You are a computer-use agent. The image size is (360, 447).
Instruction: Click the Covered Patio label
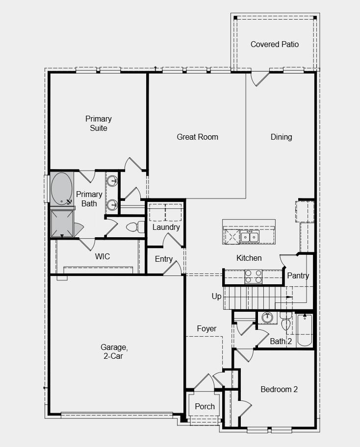[x=274, y=44]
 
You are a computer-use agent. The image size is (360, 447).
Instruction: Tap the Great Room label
[x=197, y=137]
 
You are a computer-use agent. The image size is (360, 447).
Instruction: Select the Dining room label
[x=281, y=137]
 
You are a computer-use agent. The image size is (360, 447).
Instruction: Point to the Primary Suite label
[x=98, y=124]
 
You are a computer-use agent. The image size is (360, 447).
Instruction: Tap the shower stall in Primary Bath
[x=62, y=224]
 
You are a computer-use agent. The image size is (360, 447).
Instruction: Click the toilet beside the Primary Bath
[x=133, y=227]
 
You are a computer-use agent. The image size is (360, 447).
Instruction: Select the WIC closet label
[x=102, y=256]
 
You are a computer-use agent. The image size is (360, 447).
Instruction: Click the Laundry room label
[x=166, y=227]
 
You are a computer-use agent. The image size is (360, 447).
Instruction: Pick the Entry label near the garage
[x=163, y=259]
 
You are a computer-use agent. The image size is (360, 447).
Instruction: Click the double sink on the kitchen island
[x=249, y=237]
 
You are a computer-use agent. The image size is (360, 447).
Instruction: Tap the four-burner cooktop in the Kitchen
[x=253, y=277]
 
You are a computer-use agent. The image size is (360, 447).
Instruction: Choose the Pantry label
[x=298, y=275]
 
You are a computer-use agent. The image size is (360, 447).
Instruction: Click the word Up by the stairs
[x=216, y=296]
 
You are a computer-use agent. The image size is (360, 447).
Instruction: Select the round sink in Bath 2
[x=267, y=318]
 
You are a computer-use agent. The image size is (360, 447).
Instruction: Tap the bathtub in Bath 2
[x=305, y=329]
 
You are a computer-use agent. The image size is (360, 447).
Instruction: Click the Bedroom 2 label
[x=279, y=389]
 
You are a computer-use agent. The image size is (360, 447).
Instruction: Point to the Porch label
[x=205, y=406]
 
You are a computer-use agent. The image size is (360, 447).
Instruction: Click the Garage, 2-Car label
[x=115, y=352]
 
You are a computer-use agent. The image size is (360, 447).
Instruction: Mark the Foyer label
[x=206, y=328]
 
